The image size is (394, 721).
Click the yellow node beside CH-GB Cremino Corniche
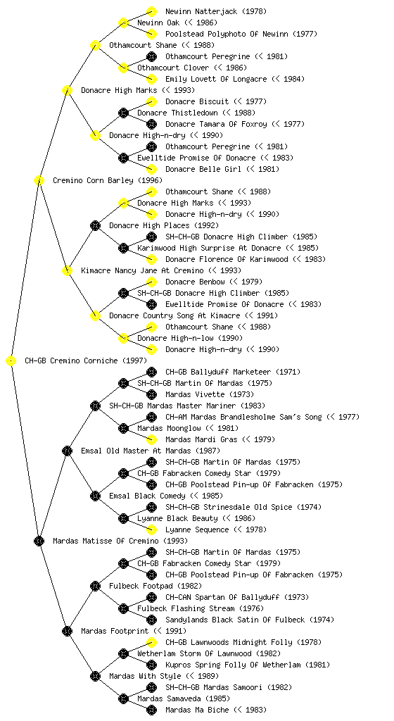point(11,360)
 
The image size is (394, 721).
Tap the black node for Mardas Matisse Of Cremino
point(39,541)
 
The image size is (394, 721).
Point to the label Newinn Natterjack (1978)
point(216,11)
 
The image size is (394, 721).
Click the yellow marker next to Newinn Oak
point(123,23)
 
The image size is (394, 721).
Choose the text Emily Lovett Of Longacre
point(216,79)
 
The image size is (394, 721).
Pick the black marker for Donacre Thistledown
point(123,113)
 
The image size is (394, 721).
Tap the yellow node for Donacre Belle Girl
point(151,169)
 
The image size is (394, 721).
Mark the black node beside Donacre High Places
point(95,225)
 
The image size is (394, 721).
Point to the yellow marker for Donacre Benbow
point(151,282)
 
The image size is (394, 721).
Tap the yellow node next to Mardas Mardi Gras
point(151,439)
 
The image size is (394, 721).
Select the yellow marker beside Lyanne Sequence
point(151,529)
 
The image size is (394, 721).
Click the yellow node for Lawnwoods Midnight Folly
point(151,642)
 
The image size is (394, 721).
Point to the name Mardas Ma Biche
point(197,710)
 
